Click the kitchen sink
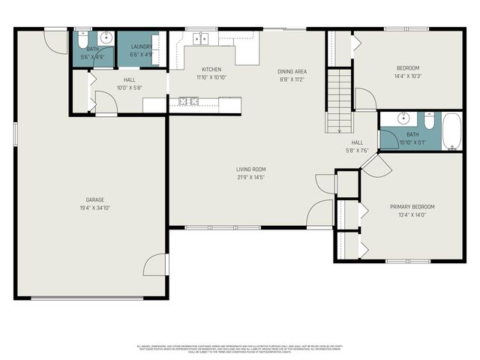pos(199,38)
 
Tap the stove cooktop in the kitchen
pos(184,101)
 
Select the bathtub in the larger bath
pos(452,131)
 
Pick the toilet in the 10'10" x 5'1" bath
pos(429,120)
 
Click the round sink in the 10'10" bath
pos(403,118)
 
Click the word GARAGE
pos(94,199)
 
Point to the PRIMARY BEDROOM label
pos(412,206)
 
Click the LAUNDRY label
pos(142,46)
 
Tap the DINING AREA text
pos(292,71)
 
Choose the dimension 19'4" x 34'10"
pos(94,207)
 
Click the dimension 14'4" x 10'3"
pos(408,76)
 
